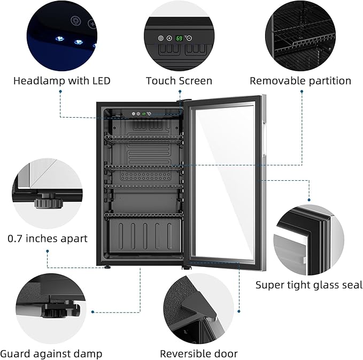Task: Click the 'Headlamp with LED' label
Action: pos(61,81)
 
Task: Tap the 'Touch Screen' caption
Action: pos(179,81)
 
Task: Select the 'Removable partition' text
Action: pos(300,81)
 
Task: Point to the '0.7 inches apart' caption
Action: pos(48,239)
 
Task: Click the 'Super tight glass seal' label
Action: pos(309,285)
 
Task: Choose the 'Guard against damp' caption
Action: pos(51,354)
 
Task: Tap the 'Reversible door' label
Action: pos(199,354)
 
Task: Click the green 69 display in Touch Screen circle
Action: pos(180,39)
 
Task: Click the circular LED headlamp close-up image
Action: pos(61,36)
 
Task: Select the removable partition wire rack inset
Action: pos(300,36)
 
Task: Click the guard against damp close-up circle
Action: pos(51,308)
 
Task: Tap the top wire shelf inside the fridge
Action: pos(143,138)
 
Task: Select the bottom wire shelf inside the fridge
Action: pos(143,215)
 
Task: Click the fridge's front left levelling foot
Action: pos(107,265)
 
